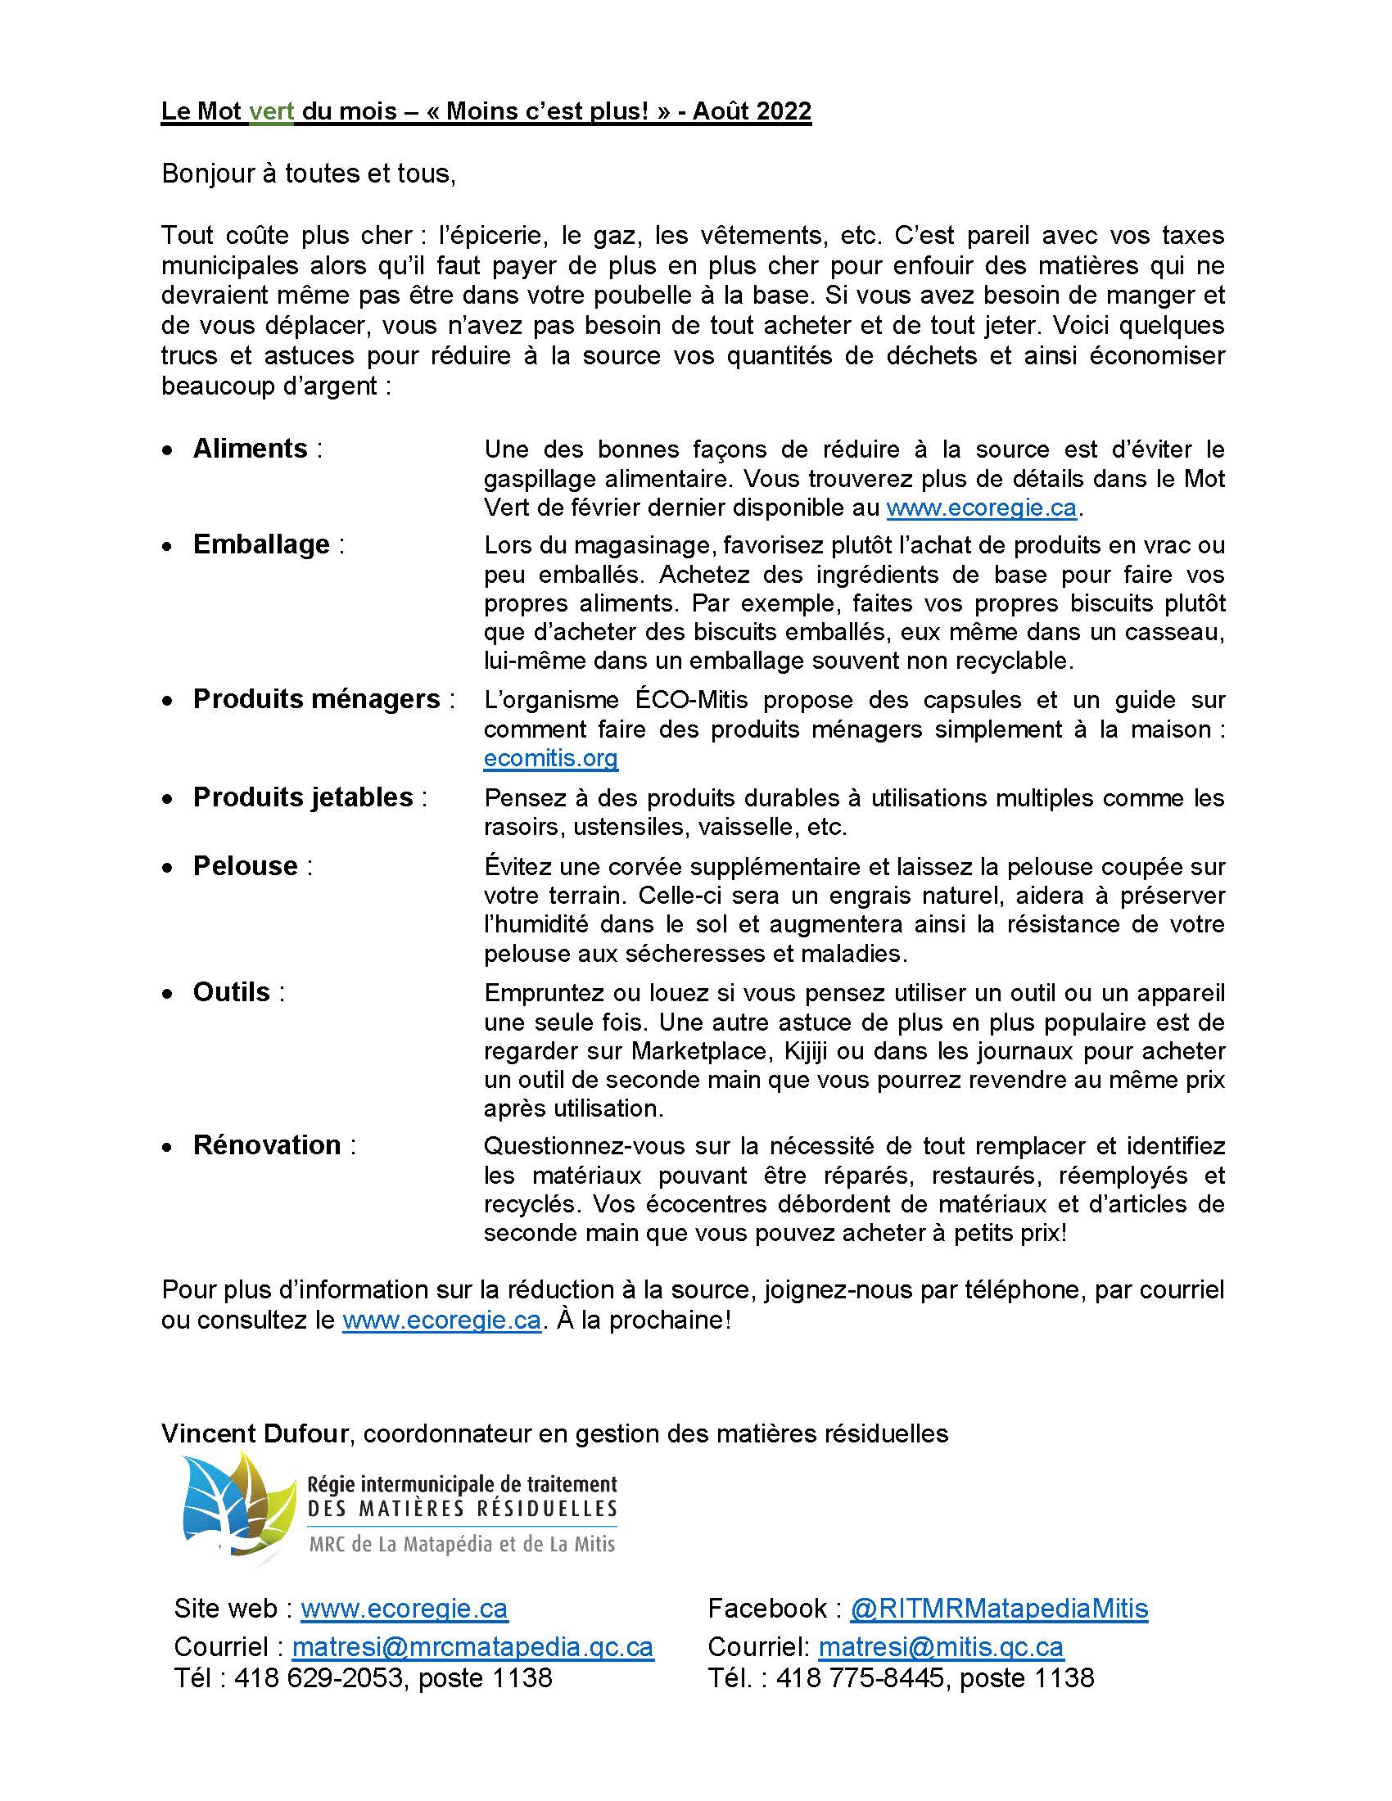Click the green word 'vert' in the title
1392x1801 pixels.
271,111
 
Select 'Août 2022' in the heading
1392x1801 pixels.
751,111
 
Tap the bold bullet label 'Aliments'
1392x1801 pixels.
250,449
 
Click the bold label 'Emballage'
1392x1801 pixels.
260,544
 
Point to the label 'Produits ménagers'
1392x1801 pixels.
316,699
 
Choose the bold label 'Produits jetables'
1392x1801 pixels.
303,797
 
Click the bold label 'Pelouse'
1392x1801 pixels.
245,866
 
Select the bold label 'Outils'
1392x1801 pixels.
231,992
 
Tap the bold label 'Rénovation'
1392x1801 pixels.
266,1145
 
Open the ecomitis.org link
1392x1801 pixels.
550,758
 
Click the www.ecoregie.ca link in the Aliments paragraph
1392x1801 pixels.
981,508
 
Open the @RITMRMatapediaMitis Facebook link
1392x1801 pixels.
999,1608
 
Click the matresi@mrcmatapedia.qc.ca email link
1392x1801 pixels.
472,1647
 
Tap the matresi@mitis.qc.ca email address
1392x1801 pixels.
940,1647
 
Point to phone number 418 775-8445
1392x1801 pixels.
859,1677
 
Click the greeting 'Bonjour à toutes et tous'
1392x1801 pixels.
308,174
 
